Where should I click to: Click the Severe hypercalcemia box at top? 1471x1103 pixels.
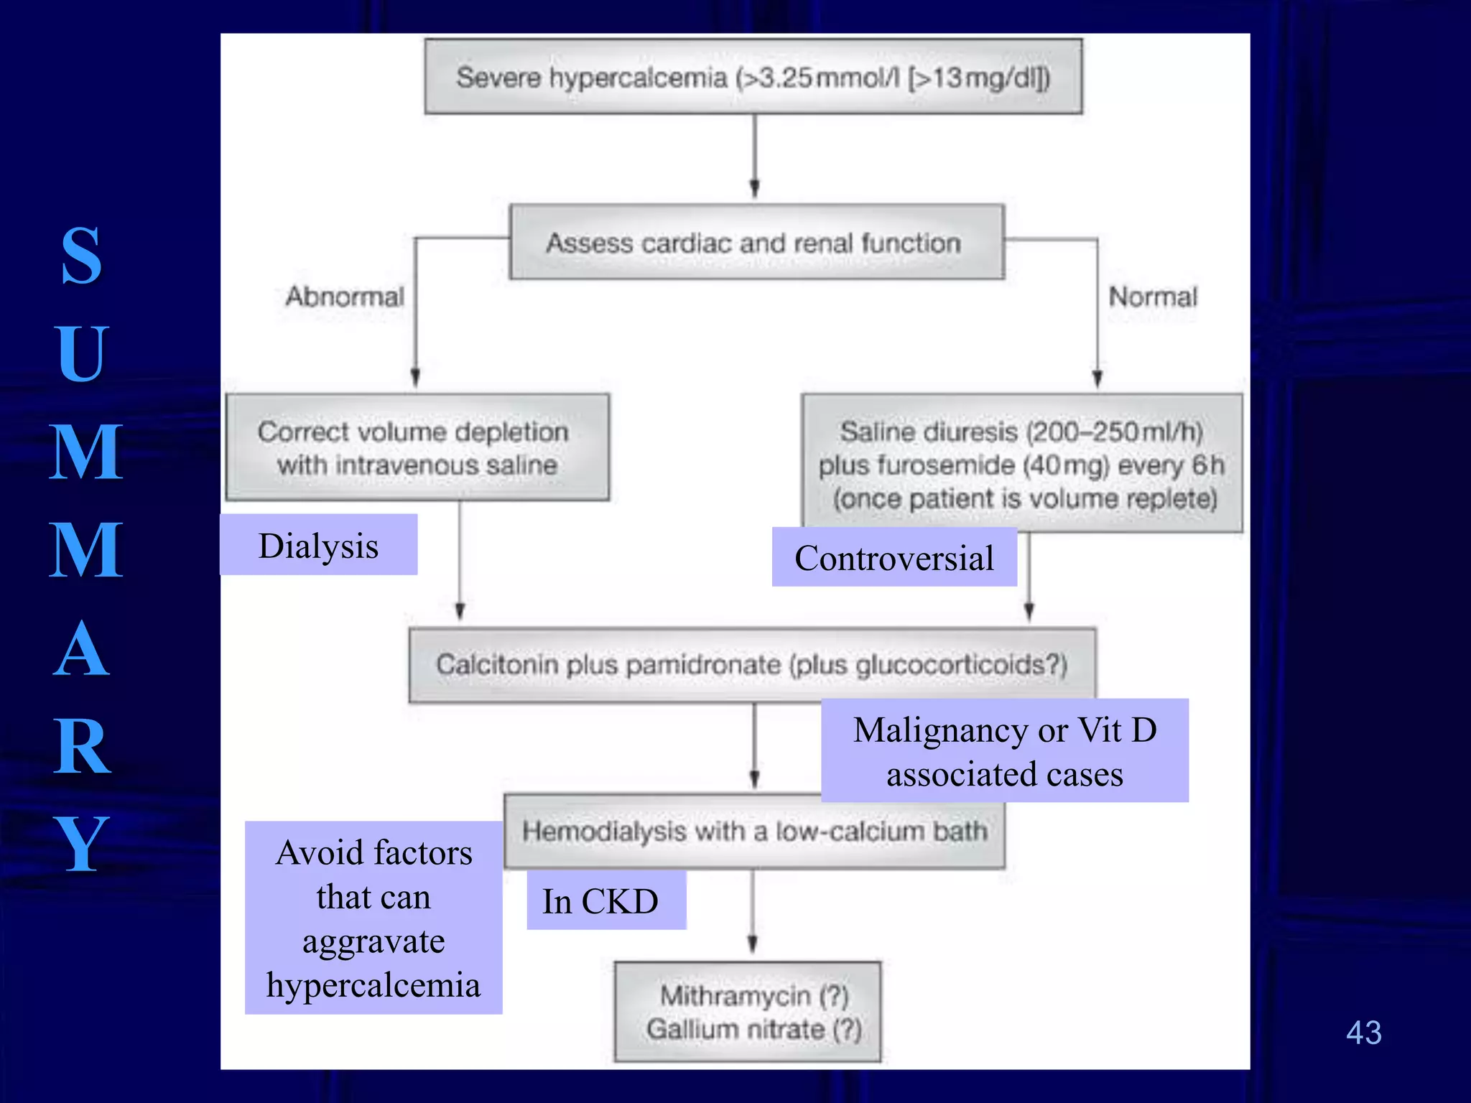(753, 77)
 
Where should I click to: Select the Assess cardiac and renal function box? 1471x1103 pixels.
(756, 243)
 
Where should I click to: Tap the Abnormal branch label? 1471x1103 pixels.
(344, 297)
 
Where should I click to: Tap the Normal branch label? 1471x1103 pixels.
(1152, 297)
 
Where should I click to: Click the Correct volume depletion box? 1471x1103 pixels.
(417, 447)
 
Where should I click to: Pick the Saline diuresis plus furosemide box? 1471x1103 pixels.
(1021, 463)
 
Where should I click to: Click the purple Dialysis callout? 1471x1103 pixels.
(318, 545)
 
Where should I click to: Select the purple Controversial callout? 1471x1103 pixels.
(894, 558)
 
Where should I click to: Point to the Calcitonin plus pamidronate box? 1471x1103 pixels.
(751, 664)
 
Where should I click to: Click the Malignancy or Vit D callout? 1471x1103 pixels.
(1004, 751)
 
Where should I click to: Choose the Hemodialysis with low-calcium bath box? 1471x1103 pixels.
(754, 832)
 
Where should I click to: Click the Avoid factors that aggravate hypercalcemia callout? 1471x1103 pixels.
(373, 918)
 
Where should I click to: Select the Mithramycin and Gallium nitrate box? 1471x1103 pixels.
(747, 1011)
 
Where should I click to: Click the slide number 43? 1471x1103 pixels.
(1363, 1033)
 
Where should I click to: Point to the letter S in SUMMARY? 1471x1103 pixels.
(81, 256)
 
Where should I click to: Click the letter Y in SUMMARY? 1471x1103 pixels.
(81, 844)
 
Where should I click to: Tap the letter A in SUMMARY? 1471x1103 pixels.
(81, 649)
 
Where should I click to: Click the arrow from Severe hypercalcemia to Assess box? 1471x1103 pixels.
(754, 158)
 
